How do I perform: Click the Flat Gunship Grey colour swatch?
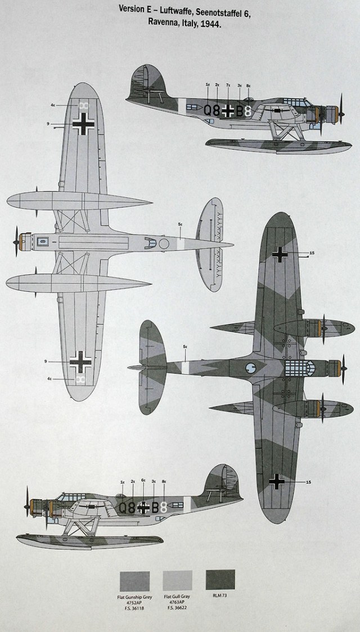134,581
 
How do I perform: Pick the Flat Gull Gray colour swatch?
177,581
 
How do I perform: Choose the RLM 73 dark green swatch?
220,579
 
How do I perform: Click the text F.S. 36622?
177,608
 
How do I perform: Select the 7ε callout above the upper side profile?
228,85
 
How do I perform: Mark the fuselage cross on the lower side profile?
144,507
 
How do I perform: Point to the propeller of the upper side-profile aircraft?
341,110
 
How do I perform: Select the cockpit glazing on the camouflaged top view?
298,368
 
